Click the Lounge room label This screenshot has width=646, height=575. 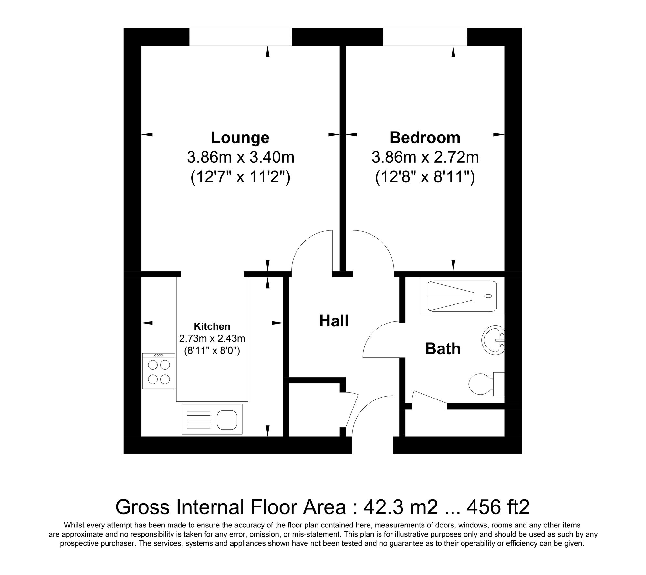point(240,138)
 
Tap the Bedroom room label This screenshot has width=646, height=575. point(425,138)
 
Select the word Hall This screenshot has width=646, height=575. point(334,321)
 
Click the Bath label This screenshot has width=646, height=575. point(443,349)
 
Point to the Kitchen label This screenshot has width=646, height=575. point(212,326)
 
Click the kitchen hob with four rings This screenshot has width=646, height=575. point(159,371)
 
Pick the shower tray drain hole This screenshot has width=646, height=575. point(488,296)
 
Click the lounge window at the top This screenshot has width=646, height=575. point(240,37)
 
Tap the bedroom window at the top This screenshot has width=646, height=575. point(425,37)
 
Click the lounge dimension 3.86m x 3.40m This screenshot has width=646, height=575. point(240,158)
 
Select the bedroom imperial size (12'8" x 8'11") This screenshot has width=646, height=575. point(425,178)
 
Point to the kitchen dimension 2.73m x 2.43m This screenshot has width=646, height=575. point(212,339)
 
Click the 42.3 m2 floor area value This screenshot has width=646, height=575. point(401,507)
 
